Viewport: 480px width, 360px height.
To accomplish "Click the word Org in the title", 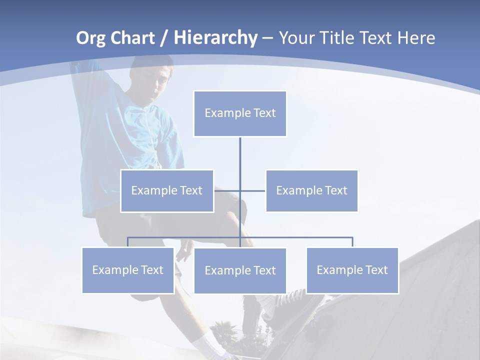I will point(90,38).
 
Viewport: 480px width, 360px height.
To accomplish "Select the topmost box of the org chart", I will point(240,113).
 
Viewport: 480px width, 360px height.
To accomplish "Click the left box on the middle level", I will point(167,191).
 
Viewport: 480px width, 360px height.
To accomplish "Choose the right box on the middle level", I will point(311,191).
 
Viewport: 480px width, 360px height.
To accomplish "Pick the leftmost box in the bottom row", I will point(128,270).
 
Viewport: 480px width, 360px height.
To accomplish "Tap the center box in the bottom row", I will point(240,271).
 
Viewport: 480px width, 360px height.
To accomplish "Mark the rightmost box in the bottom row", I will point(352,270).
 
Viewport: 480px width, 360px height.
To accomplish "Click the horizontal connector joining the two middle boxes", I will point(252,190).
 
